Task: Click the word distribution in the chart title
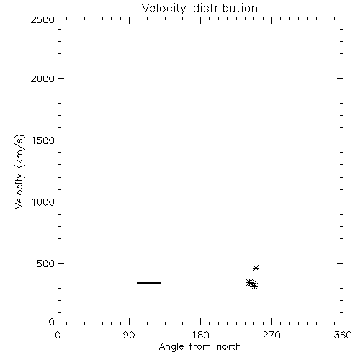coord(225,8)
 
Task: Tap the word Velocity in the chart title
coord(164,9)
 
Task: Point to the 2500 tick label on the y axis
coord(42,19)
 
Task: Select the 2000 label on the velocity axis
coord(42,78)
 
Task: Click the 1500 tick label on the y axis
coord(43,140)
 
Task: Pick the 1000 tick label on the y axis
coord(43,202)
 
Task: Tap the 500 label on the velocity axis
coord(46,264)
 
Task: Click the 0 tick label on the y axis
coord(52,322)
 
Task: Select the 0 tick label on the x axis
coord(58,335)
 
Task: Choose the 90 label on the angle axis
coord(129,335)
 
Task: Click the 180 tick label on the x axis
coord(200,335)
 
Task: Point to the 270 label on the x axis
coord(271,335)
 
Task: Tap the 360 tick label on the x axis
coord(343,335)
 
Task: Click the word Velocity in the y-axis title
coord(19,191)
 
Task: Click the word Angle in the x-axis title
coord(171,347)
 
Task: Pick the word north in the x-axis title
coord(229,346)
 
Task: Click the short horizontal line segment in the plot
coord(149,283)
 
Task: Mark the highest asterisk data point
coord(256,268)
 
